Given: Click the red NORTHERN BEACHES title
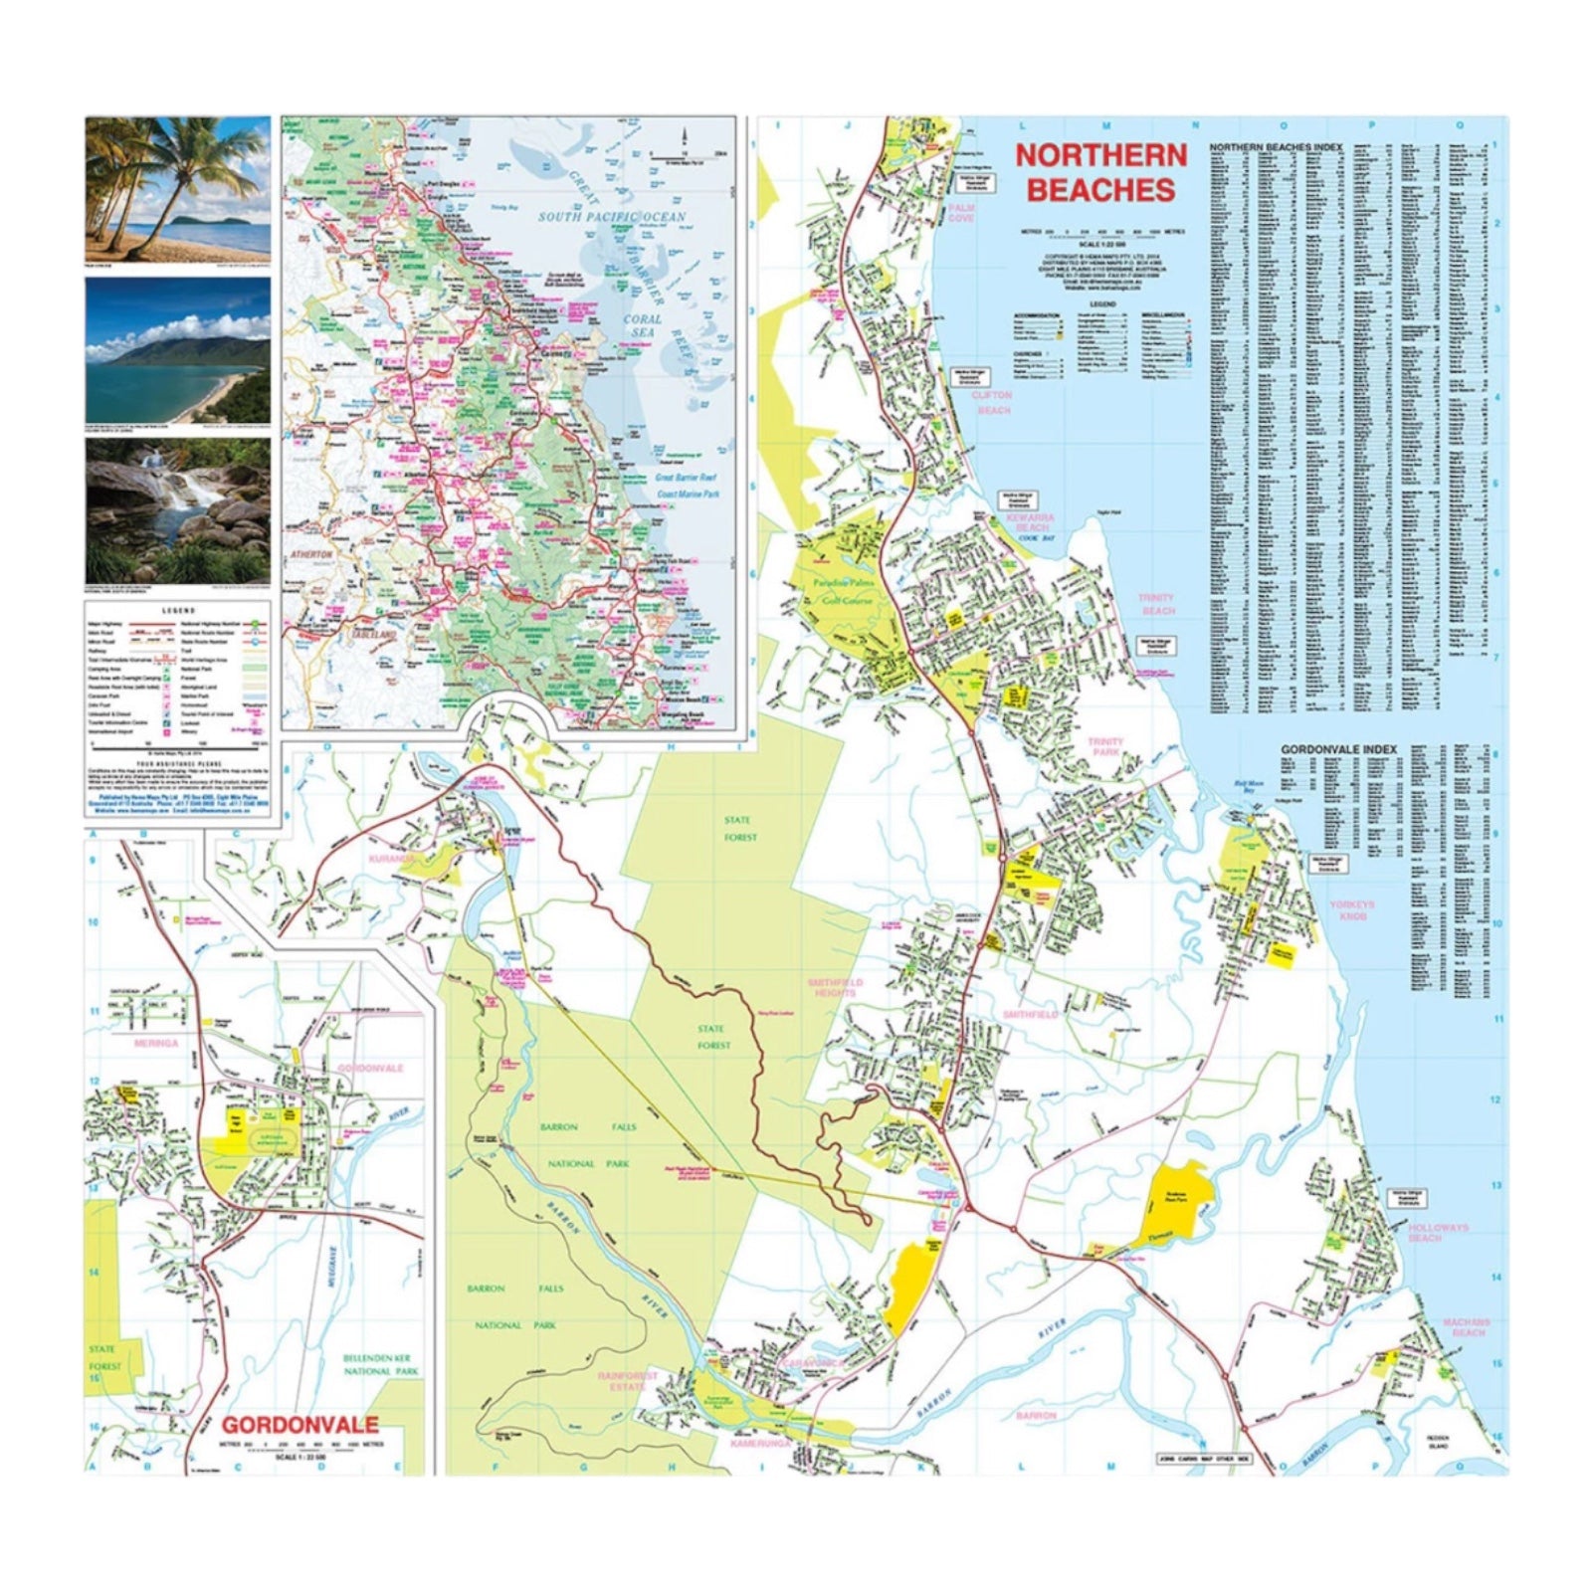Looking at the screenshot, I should [x=1100, y=172].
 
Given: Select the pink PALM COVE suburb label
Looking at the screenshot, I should [x=961, y=213].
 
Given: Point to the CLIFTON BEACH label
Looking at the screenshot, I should [x=992, y=402].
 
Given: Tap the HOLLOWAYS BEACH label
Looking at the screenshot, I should [x=1438, y=1233].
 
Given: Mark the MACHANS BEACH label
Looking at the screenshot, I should [x=1463, y=1326].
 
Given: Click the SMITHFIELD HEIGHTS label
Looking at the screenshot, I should [x=836, y=987].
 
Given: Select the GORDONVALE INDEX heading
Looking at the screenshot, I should [x=1337, y=748].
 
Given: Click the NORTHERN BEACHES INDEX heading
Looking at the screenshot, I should [x=1276, y=147].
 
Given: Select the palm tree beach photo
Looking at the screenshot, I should [x=177, y=189].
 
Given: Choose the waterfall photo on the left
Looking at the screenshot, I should [x=177, y=510].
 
